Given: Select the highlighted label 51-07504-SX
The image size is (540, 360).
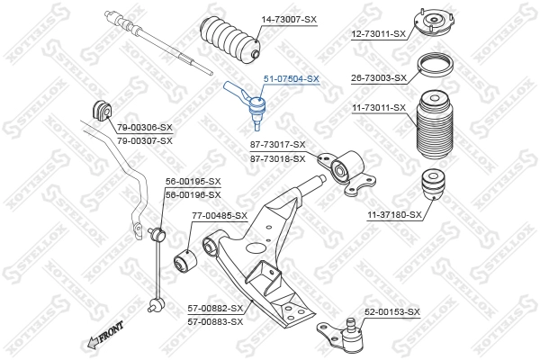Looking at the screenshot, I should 291,79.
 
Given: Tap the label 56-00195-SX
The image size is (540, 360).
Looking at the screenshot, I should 193,181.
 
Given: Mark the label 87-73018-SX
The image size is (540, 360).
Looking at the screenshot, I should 277,157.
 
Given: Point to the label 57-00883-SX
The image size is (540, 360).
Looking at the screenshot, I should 215,320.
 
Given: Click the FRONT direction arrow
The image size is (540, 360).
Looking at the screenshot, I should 103,337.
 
